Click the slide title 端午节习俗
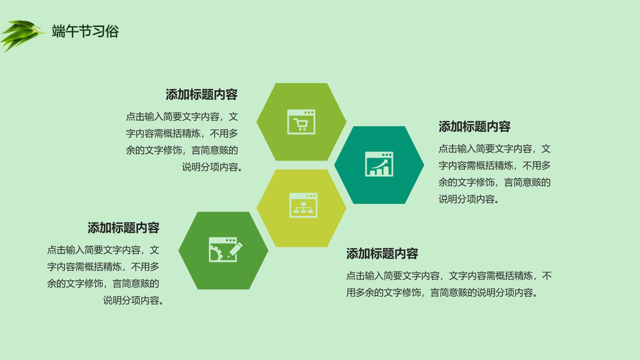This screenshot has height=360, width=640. coord(85,31)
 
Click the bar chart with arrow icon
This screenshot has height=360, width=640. coord(379,164)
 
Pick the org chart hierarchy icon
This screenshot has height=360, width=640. coord(304,205)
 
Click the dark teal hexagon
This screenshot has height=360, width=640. coord(379,165)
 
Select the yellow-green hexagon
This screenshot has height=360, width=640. coord(301,208)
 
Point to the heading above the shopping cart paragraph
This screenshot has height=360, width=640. coord(201,95)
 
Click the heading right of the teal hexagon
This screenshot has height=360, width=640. coord(475,127)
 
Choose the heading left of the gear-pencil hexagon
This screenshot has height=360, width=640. coord(124,228)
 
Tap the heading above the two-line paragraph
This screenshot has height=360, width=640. coord(382,254)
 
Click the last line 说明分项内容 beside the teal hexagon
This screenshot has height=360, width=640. coord(469,199)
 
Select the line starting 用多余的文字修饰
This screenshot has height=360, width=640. coord(442,292)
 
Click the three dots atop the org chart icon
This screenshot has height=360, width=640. coord(311,196)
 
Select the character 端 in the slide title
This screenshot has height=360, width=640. coord(58,31)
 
